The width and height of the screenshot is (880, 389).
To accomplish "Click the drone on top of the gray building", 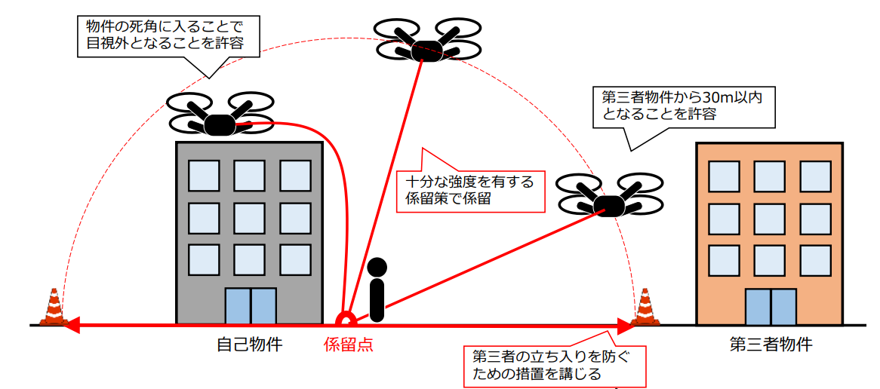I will click(x=218, y=118).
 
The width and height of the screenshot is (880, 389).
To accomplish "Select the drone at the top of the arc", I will click(x=426, y=42).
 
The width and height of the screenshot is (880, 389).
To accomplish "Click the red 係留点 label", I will click(x=348, y=345).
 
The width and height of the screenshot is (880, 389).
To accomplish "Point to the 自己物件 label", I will click(x=250, y=345).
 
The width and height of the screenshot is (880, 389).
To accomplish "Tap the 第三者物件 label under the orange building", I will click(x=771, y=345).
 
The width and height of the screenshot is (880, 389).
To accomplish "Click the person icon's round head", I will click(x=377, y=268).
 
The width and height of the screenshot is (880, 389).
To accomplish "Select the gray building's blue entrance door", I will click(x=251, y=305).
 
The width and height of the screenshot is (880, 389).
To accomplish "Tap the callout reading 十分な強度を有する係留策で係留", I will click(x=469, y=190).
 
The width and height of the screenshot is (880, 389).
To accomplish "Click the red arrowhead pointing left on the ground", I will click(x=70, y=326).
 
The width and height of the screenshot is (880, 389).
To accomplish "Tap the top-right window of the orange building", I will click(x=815, y=175).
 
